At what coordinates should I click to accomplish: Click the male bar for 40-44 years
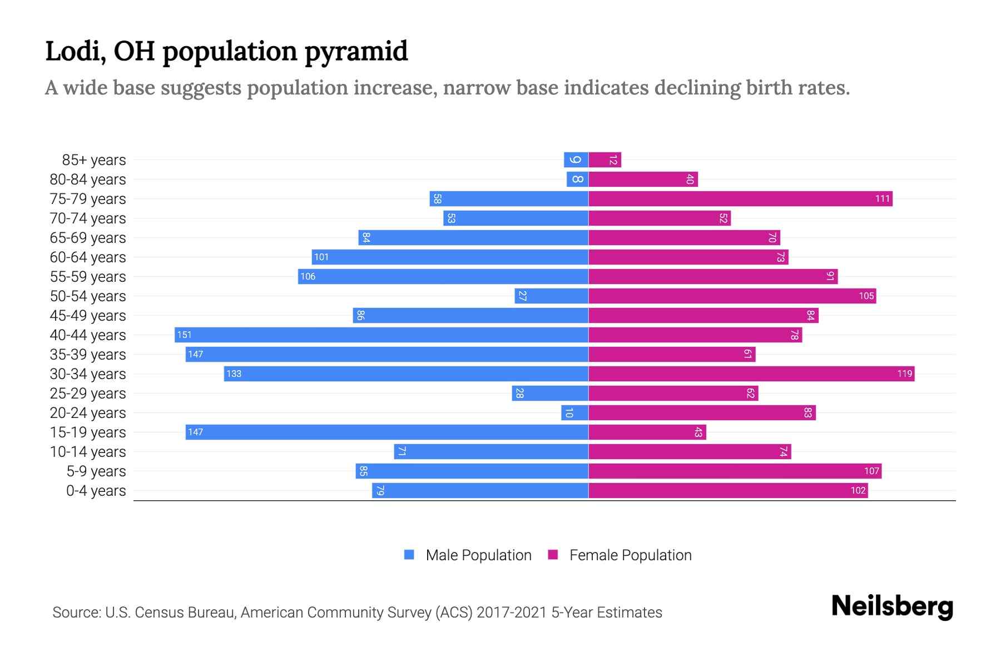point(381,335)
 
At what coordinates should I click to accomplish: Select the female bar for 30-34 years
point(751,374)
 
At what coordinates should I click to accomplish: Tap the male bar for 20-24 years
point(575,412)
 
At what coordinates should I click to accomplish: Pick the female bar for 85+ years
point(604,160)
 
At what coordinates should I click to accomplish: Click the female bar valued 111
point(740,199)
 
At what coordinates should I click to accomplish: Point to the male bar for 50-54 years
point(552,296)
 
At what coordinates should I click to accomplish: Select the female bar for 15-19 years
point(647,432)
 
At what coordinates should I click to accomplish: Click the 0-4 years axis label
point(96,491)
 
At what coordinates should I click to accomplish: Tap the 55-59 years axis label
point(88,277)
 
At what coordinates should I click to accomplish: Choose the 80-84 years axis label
point(88,180)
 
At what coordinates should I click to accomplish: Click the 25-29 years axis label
point(88,394)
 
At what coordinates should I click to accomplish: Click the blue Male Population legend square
point(409,555)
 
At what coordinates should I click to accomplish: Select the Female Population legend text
point(630,555)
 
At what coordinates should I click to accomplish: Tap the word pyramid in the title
point(356,51)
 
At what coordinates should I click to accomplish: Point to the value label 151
point(184,335)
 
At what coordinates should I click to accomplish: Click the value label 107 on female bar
point(871,471)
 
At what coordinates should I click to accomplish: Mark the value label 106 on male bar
point(308,277)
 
